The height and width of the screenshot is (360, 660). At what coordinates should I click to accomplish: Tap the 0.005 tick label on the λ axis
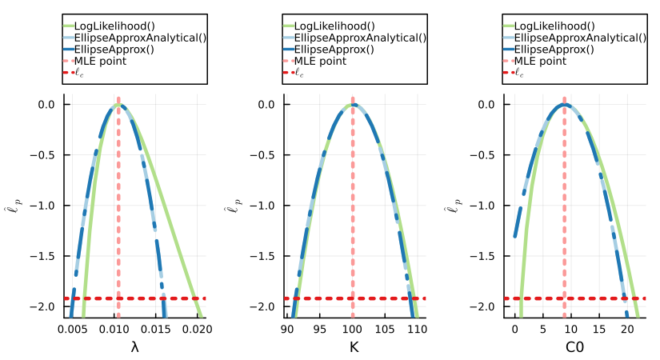pos(74,328)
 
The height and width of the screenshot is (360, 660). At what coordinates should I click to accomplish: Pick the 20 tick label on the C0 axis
pos(627,328)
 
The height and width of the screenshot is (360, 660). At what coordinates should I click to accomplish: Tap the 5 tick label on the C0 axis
pos(542,328)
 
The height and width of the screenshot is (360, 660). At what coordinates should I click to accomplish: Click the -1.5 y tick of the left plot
pos(45,256)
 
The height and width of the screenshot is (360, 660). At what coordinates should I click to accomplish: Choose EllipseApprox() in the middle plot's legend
pos(331,49)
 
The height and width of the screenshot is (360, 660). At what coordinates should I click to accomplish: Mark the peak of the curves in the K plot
pos(353,105)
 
